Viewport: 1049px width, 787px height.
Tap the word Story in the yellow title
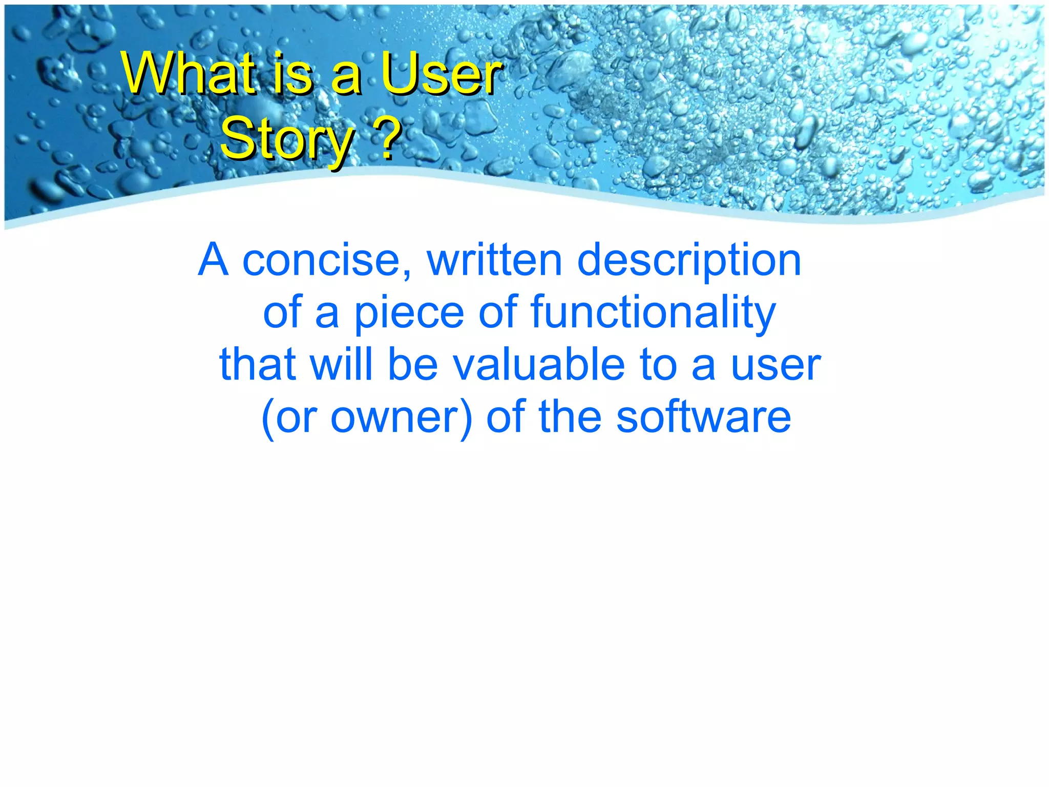[x=287, y=138]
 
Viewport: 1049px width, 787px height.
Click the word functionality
[x=653, y=313]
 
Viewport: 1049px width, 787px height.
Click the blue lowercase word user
[x=775, y=365]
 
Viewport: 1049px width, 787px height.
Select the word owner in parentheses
[x=396, y=418]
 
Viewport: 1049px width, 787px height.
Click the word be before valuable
[x=413, y=365]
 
